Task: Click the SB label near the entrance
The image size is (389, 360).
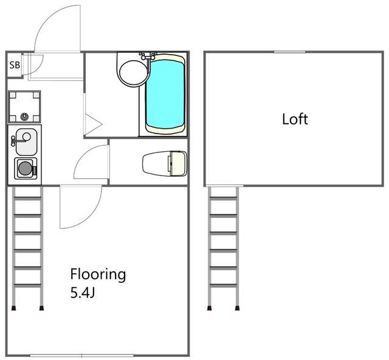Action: coord(15,65)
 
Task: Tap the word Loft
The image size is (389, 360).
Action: coord(295,119)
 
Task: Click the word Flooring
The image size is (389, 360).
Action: coord(98,275)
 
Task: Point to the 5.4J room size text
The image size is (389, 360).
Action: coord(83,293)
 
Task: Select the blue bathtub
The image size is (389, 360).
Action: coord(165,94)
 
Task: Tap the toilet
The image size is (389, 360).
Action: coord(165,163)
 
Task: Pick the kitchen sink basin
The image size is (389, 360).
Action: coord(26,142)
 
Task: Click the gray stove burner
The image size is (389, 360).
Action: coord(26,168)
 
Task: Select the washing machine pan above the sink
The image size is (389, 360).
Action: coord(24,107)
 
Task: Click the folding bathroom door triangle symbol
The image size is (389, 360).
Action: coord(94,124)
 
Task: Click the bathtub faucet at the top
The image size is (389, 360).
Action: coord(148,55)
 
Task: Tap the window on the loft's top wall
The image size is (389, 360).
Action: coord(289,52)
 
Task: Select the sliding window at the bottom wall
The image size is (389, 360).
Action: coord(81,356)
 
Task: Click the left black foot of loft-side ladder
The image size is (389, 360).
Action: coord(209,308)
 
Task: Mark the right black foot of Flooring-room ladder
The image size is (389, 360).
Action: coord(41,308)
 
